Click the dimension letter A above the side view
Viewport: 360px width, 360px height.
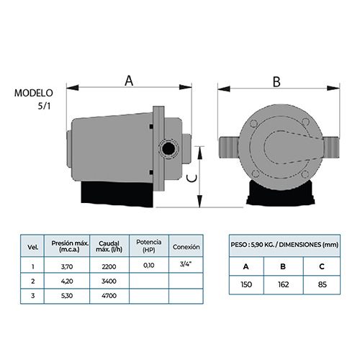click(129, 81)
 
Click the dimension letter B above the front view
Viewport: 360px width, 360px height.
click(276, 82)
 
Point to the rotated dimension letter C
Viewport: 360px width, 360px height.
click(192, 178)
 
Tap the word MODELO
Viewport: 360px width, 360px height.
click(34, 93)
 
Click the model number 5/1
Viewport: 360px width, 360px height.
click(44, 106)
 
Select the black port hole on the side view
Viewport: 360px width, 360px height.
click(168, 148)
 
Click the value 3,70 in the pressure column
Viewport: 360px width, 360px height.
click(67, 266)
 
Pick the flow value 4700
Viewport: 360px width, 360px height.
click(109, 296)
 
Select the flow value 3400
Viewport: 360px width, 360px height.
click(109, 281)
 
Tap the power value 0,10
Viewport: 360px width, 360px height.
click(149, 266)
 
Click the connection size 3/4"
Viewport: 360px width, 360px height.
click(186, 264)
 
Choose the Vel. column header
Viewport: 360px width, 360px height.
click(33, 247)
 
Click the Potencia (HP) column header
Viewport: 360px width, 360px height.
click(149, 246)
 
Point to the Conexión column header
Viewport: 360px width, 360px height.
click(186, 247)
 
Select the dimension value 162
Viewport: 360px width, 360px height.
click(284, 284)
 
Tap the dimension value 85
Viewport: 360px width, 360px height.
click(322, 284)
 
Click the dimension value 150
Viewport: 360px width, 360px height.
click(246, 284)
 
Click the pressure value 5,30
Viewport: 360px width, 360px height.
click(67, 296)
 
